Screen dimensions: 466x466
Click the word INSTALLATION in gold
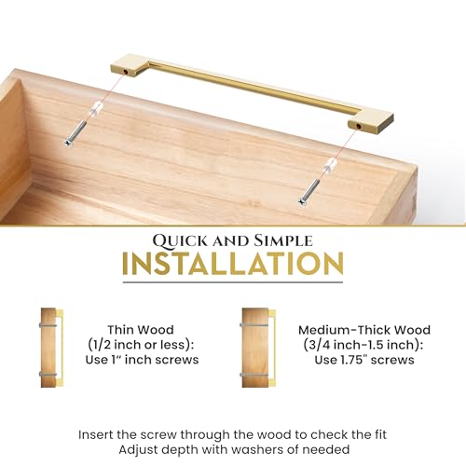233,264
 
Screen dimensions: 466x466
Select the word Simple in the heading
283,240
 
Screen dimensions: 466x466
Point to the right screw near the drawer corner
309,192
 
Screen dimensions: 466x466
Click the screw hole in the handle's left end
126,72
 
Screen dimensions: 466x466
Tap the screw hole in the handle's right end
359,126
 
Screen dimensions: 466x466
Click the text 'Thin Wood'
141,330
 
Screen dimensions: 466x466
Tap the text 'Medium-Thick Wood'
364,330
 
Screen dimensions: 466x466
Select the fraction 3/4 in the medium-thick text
319,345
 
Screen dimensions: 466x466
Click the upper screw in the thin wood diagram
48,325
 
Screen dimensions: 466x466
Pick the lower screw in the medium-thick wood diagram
254,375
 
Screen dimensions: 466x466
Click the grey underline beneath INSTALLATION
233,282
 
